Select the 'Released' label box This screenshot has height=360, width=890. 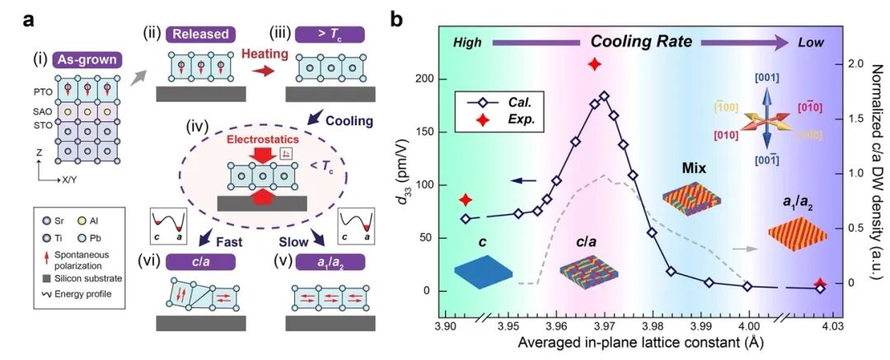coord(201,34)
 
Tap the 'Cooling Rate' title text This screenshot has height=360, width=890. coord(639,42)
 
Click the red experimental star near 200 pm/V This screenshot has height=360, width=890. coord(594,65)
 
